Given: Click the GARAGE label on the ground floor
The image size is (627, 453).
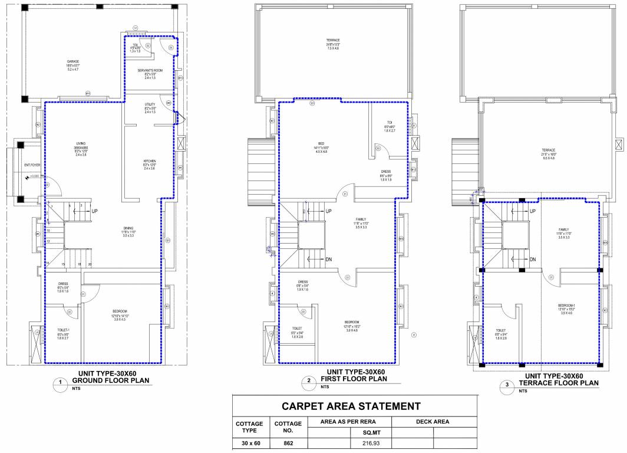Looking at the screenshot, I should tap(72, 61).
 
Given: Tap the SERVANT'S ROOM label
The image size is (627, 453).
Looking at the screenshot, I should tap(149, 70).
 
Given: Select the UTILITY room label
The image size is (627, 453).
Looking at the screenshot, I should tap(149, 104).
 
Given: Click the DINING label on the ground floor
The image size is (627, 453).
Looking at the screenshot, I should tap(128, 228).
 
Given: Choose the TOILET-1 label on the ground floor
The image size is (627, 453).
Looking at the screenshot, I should tap(62, 331).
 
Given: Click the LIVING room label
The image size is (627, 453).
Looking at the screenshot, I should tap(72, 143).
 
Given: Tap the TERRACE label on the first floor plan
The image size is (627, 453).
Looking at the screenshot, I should tap(333, 40).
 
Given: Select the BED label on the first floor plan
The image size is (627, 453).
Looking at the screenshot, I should tap(321, 143).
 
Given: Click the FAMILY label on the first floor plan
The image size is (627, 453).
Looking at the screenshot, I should tap(361, 219).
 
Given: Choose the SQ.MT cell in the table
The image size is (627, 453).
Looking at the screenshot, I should tap(371, 432).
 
